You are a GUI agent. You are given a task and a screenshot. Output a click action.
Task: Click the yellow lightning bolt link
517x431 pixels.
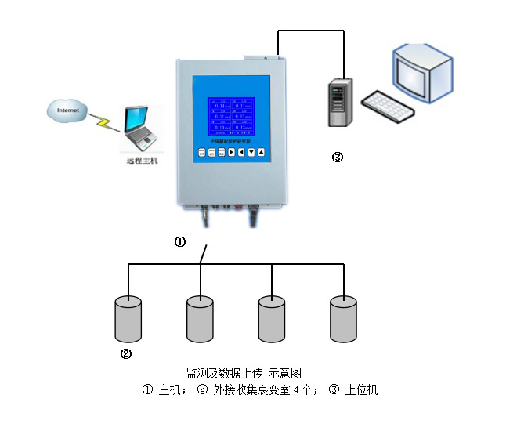tap(103, 123)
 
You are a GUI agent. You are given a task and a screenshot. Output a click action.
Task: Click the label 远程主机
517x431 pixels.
tap(142, 161)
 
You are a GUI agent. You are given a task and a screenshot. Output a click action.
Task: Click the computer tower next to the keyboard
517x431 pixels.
tap(338, 102)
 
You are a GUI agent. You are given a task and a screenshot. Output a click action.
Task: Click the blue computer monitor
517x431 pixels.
tap(423, 71)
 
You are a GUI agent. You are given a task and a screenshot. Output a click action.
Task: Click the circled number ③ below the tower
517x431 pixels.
tap(338, 158)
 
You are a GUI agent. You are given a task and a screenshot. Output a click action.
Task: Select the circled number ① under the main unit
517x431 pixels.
tap(179, 242)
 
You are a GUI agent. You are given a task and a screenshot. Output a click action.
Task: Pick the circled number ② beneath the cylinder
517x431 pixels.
tap(125, 353)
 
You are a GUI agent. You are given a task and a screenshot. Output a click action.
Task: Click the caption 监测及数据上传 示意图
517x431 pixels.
tap(244, 372)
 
